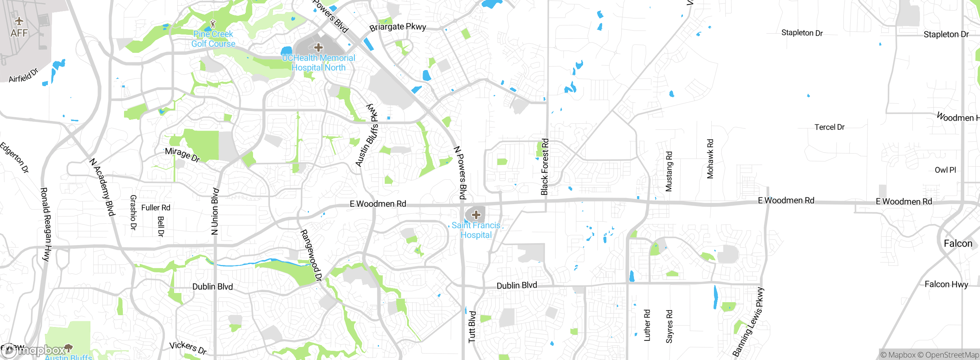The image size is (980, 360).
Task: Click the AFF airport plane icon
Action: [19, 21]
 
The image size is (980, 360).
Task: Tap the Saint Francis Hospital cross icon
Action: [476, 215]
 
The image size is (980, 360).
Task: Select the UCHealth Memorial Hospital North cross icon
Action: [318, 48]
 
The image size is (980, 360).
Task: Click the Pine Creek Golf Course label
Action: [213, 39]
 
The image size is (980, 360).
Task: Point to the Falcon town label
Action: [958, 244]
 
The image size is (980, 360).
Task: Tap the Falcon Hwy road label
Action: [946, 284]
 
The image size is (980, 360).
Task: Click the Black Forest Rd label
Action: [545, 167]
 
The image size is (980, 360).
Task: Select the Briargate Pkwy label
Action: [397, 27]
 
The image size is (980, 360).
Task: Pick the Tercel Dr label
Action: [829, 127]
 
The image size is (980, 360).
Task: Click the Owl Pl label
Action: [945, 170]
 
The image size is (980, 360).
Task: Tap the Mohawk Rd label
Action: [710, 159]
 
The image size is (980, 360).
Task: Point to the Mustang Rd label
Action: [669, 171]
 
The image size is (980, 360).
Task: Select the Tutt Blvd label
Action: [472, 327]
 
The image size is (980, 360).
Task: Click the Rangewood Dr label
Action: [311, 255]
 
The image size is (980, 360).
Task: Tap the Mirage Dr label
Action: [182, 154]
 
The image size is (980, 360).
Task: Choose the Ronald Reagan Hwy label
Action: [46, 224]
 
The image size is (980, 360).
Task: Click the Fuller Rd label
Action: [155, 208]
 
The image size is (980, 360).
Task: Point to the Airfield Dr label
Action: [24, 75]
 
